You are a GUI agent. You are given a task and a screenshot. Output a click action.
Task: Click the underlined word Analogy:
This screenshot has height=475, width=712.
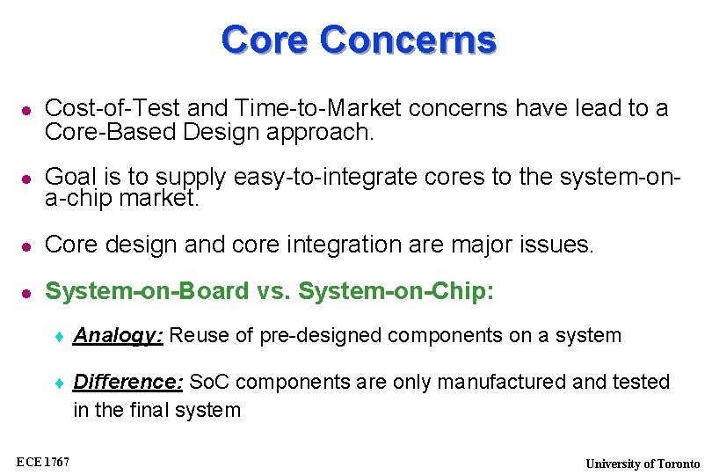(118, 336)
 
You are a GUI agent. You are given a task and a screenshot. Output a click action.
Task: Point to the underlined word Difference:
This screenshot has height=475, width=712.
(127, 383)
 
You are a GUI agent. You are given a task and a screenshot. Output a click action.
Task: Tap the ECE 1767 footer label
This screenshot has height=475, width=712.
(43, 462)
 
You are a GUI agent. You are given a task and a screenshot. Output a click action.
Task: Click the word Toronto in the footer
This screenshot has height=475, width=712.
(679, 464)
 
